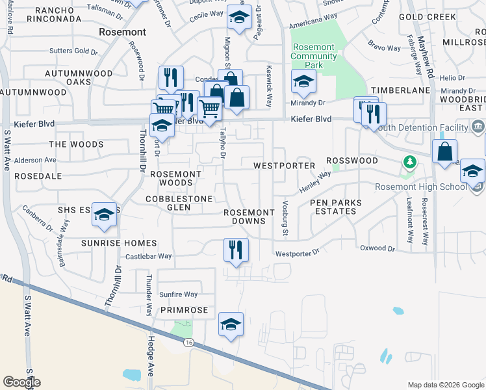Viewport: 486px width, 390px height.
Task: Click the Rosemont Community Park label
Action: click(314, 56)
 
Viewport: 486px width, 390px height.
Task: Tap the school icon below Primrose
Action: click(231, 325)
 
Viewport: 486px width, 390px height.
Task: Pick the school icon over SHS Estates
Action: click(104, 215)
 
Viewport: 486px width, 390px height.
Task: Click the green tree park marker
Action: click(409, 161)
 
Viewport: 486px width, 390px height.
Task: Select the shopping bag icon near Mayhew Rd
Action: click(444, 153)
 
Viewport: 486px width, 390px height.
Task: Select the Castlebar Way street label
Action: click(149, 256)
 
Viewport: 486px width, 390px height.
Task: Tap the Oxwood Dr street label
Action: click(377, 248)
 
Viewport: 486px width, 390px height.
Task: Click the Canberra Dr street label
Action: click(36, 219)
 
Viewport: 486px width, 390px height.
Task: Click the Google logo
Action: click(21, 382)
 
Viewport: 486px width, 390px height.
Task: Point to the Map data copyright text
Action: click(445, 384)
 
